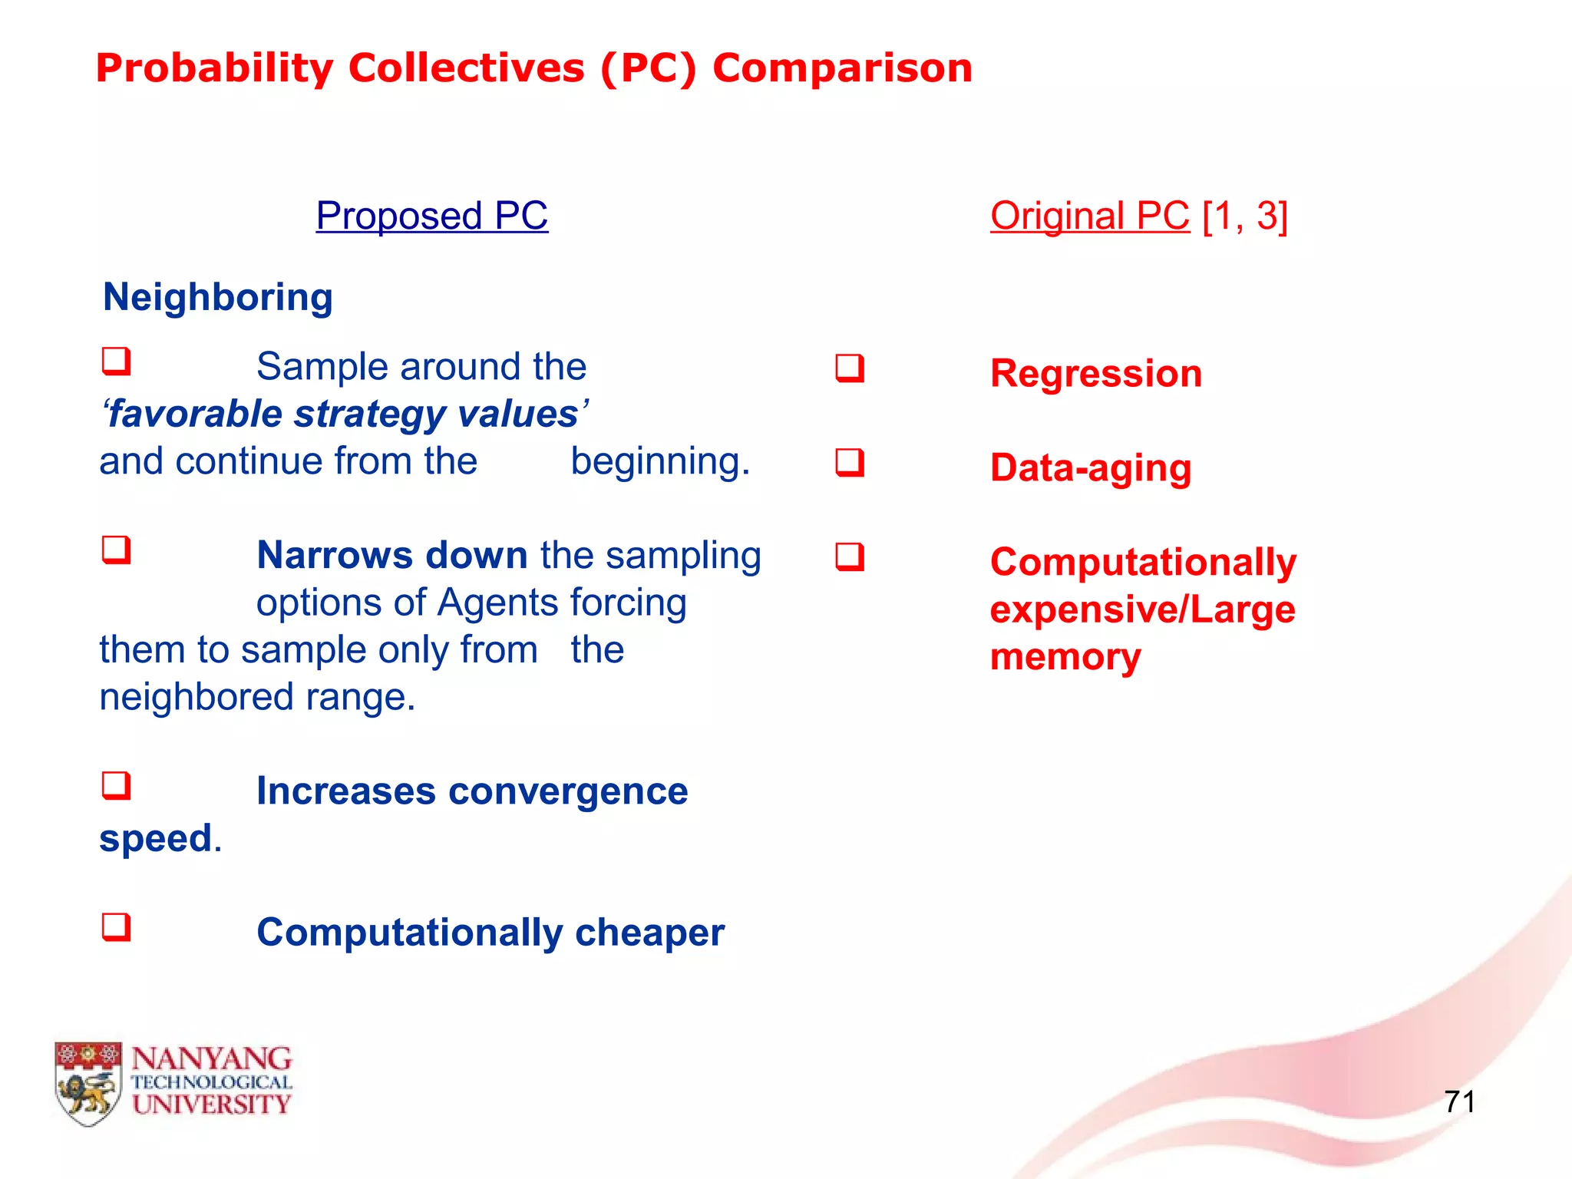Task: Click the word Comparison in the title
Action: click(842, 68)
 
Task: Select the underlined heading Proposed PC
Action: click(431, 216)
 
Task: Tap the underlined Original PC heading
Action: click(1088, 216)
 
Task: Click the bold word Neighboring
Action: click(218, 298)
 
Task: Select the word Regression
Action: click(1095, 374)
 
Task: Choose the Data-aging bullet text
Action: click(1090, 468)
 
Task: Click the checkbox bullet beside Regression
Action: click(850, 369)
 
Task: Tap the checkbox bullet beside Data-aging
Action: click(850, 464)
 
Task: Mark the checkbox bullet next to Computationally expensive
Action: click(850, 558)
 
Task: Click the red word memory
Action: click(1065, 658)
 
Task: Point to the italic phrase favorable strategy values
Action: click(345, 414)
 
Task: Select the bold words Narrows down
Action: click(391, 556)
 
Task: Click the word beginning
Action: click(659, 462)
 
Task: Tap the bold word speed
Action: click(156, 838)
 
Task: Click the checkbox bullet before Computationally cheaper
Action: click(117, 928)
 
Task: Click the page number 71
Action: click(1458, 1102)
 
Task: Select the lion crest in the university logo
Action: click(88, 1083)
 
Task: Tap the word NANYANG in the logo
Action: click(211, 1059)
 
